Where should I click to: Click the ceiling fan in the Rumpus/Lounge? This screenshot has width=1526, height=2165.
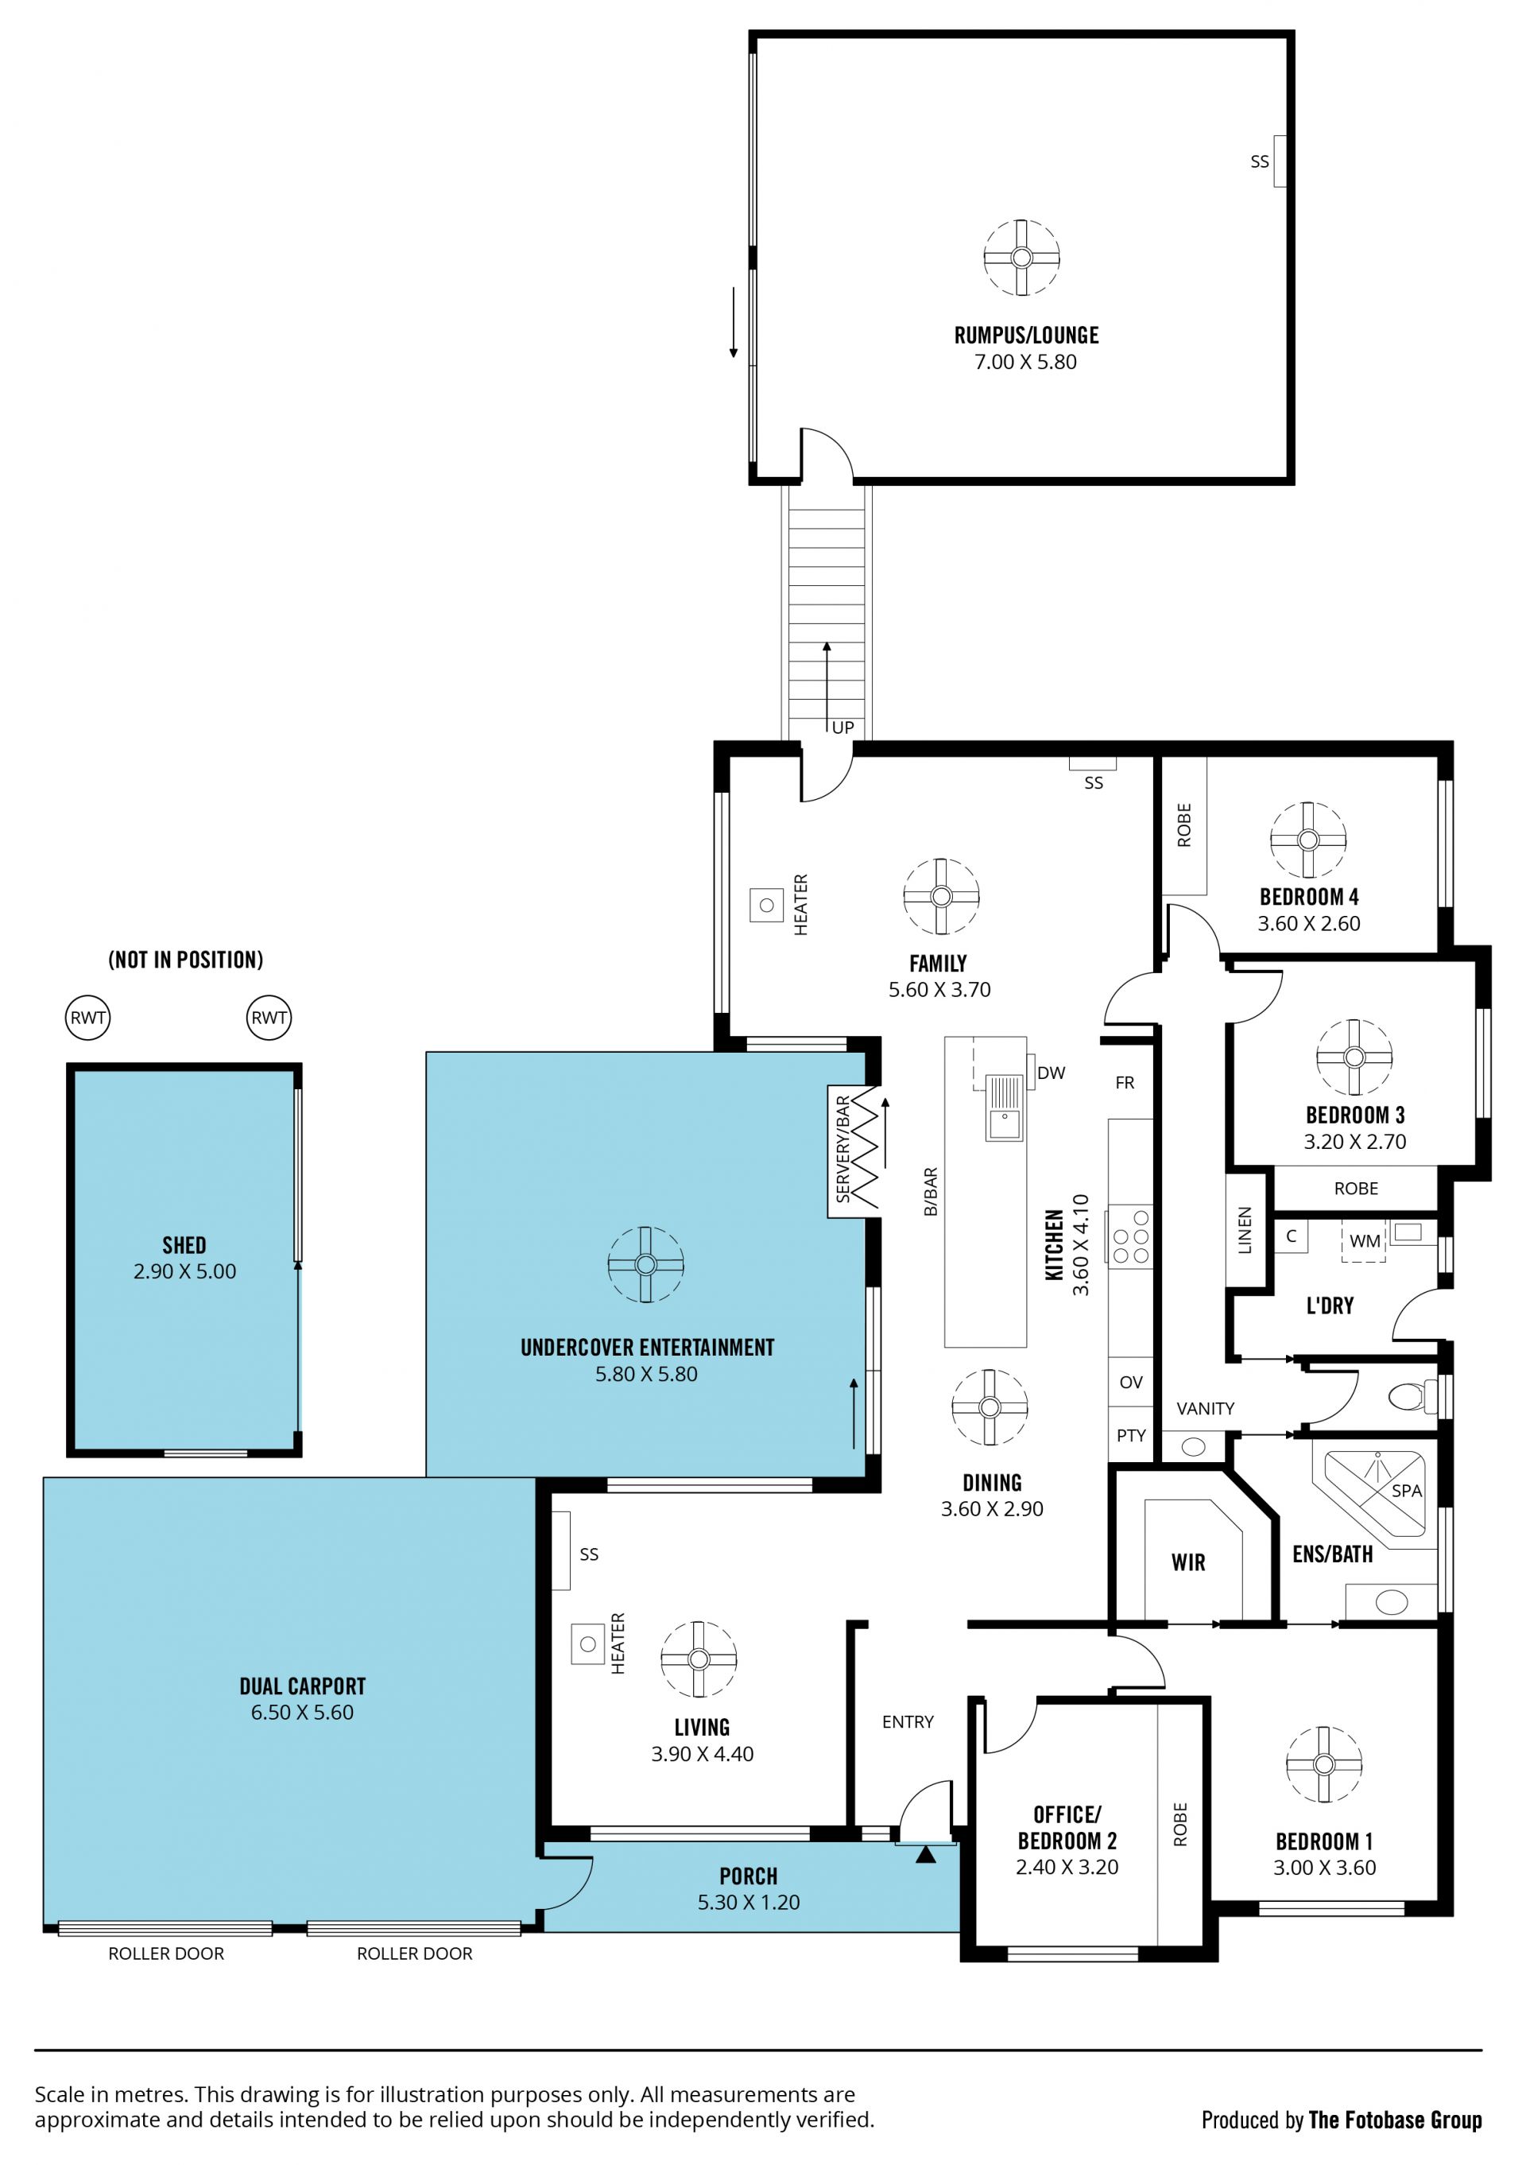coord(1022,258)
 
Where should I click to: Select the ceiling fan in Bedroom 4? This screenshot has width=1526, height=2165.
coord(1307,840)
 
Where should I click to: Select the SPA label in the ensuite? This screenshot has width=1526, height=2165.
coord(1406,1491)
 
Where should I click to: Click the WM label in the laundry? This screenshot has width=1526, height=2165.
coord(1365,1241)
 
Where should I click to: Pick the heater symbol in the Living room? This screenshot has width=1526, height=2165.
coord(588,1643)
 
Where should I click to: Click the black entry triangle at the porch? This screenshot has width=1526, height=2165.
coord(926,1855)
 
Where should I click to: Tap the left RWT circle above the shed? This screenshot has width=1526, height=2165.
coord(87,1018)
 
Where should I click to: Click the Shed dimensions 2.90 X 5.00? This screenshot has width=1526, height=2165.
coord(184,1271)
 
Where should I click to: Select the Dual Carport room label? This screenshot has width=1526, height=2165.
coord(303,1686)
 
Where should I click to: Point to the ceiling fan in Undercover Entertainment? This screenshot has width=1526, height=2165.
coord(645,1264)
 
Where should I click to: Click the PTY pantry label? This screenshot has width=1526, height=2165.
coord(1131,1435)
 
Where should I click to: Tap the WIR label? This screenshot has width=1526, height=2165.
coord(1188,1562)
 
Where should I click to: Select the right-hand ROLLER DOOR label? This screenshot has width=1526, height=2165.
coord(415,1954)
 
